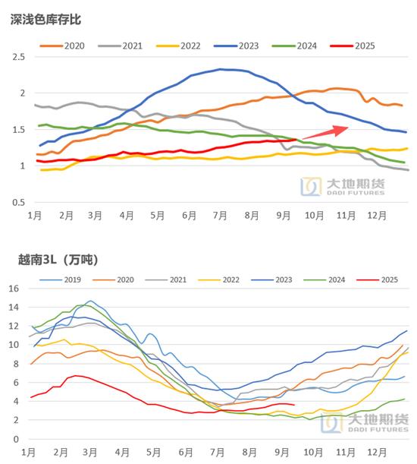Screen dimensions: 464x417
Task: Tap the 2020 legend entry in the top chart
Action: pyautogui.click(x=64, y=46)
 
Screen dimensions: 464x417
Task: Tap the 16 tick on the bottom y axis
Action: pyautogui.click(x=14, y=289)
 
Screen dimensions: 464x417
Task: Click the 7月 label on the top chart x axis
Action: pyautogui.click(x=221, y=216)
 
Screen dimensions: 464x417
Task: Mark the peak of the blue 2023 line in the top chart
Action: pyautogui.click(x=220, y=69)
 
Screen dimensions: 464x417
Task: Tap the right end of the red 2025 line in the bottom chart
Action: pyautogui.click(x=294, y=405)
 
